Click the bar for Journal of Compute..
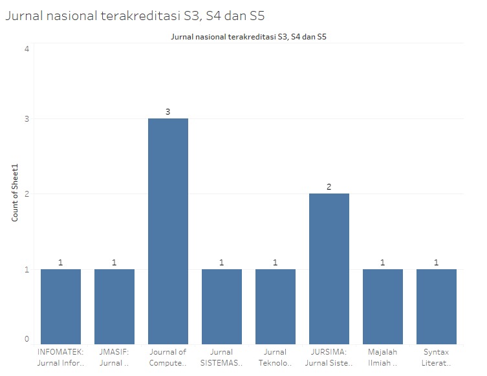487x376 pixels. coord(168,231)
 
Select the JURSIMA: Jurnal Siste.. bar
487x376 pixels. coord(329,269)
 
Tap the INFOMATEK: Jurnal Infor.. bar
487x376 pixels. coord(61,306)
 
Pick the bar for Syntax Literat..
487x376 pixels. coord(437,306)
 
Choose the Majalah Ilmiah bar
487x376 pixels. coord(383,306)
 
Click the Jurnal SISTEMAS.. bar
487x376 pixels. coord(222,306)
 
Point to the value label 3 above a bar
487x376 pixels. coord(168,112)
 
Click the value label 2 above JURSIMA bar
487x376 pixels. coord(329,187)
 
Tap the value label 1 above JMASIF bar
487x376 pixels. coord(114,262)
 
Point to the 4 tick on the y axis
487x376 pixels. coord(27,49)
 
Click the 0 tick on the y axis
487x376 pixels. coord(27,338)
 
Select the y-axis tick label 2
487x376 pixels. coord(27,194)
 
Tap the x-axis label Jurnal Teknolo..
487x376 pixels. coord(276,357)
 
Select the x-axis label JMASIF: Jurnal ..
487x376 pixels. coord(114,357)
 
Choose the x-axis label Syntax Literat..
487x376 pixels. coord(437,357)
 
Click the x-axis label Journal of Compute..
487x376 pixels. coord(168,357)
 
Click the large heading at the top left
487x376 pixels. coord(135,16)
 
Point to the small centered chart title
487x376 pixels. coord(248,37)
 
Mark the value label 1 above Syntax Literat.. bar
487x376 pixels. coord(437,262)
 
